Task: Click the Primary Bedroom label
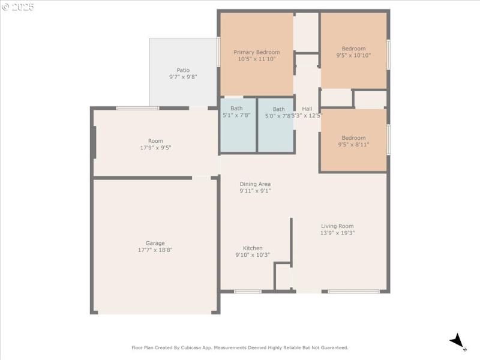tap(256, 52)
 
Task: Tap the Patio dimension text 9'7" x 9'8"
tap(183, 77)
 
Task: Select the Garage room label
tap(155, 243)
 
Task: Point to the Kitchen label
tap(253, 248)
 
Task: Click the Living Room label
tap(337, 226)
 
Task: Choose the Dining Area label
tap(255, 184)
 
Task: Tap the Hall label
tap(307, 109)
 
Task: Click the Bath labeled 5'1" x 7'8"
tap(236, 112)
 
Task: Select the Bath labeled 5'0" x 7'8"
tap(278, 113)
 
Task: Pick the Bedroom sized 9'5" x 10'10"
tap(353, 52)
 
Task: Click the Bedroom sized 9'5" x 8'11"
tap(353, 141)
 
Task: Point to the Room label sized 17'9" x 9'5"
tap(155, 145)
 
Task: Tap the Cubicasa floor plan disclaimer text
tap(240, 347)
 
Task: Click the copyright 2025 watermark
tap(18, 7)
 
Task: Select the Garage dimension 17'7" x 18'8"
tap(155, 250)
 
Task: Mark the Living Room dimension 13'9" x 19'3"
tap(337, 233)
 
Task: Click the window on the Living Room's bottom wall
tap(354, 292)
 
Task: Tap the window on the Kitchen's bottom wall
tap(247, 292)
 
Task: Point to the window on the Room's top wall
tap(137, 108)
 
